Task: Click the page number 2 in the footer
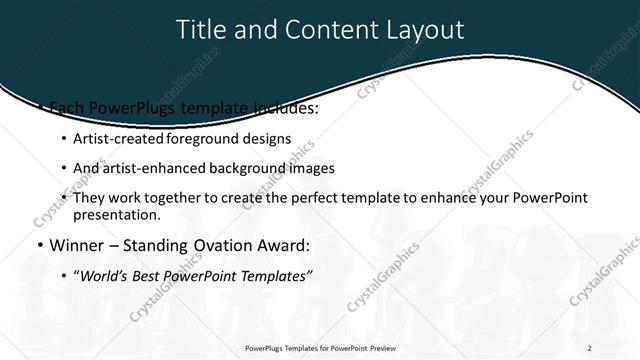click(590, 348)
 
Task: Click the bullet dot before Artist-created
click(64, 139)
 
